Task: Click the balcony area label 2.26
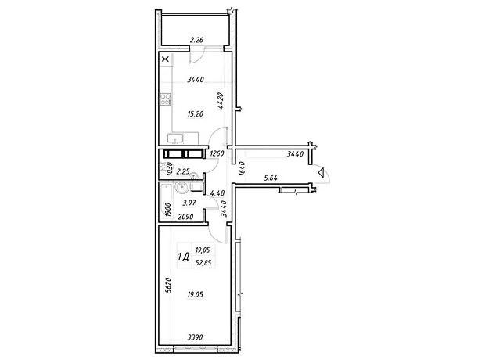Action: point(196,40)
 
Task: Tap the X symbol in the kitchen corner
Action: point(166,59)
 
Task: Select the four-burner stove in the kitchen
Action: point(166,99)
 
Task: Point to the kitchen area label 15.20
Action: point(196,114)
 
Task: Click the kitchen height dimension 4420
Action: point(221,101)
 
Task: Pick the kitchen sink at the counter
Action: point(175,139)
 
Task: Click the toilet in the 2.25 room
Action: point(163,167)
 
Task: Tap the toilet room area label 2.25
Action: point(183,171)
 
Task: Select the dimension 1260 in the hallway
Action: point(217,153)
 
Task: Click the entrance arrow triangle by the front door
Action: point(321,172)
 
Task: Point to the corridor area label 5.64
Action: point(271,178)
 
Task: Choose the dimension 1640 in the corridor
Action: point(242,169)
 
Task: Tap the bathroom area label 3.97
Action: point(189,203)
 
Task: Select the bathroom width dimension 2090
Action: point(185,217)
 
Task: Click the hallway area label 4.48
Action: point(217,193)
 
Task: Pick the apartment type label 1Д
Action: point(183,257)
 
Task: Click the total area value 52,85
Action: point(203,263)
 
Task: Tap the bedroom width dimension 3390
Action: point(195,337)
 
